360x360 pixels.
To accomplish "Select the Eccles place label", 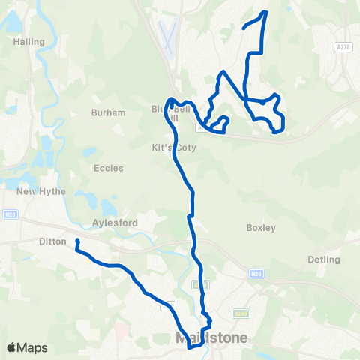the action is pyautogui.click(x=109, y=168).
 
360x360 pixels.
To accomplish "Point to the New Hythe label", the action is pyautogui.click(x=41, y=191).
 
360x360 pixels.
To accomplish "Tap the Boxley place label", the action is pyautogui.click(x=261, y=227).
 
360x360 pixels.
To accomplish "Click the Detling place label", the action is pyautogui.click(x=323, y=259).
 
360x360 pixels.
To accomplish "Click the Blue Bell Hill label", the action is pyautogui.click(x=165, y=113).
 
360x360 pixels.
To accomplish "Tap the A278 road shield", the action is pyautogui.click(x=343, y=46).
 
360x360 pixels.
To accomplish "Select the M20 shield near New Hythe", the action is pyautogui.click(x=8, y=214).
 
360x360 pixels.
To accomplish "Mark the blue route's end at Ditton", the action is pyautogui.click(x=77, y=241).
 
